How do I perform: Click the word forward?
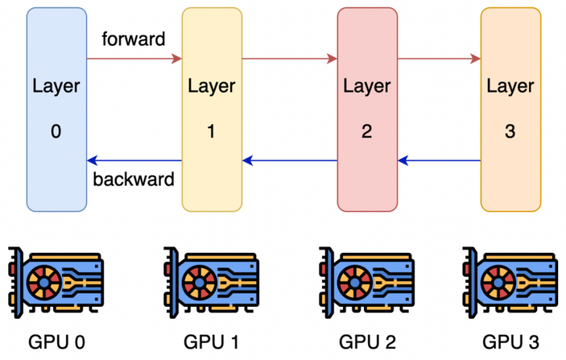(x=134, y=39)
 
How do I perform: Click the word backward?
(x=134, y=179)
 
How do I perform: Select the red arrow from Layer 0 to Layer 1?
(x=134, y=59)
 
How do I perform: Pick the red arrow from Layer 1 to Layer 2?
(x=290, y=59)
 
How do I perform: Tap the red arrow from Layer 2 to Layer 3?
(x=439, y=59)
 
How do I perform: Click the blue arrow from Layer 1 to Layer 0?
(x=134, y=160)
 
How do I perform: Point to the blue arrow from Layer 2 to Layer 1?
(x=290, y=160)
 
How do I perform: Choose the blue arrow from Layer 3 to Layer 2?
(x=439, y=160)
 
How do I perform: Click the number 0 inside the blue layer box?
(x=56, y=131)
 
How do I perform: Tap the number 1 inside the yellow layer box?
(x=211, y=131)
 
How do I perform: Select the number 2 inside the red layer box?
(x=367, y=131)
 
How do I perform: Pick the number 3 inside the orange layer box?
(x=510, y=131)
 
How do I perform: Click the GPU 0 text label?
(x=56, y=341)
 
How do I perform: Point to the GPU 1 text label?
(x=212, y=341)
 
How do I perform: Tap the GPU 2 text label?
(x=367, y=341)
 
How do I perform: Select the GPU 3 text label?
(x=510, y=341)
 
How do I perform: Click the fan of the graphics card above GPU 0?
(x=44, y=283)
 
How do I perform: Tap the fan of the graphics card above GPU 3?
(x=498, y=283)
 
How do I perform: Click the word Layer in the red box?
(x=367, y=87)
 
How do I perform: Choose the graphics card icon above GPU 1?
(x=211, y=283)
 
